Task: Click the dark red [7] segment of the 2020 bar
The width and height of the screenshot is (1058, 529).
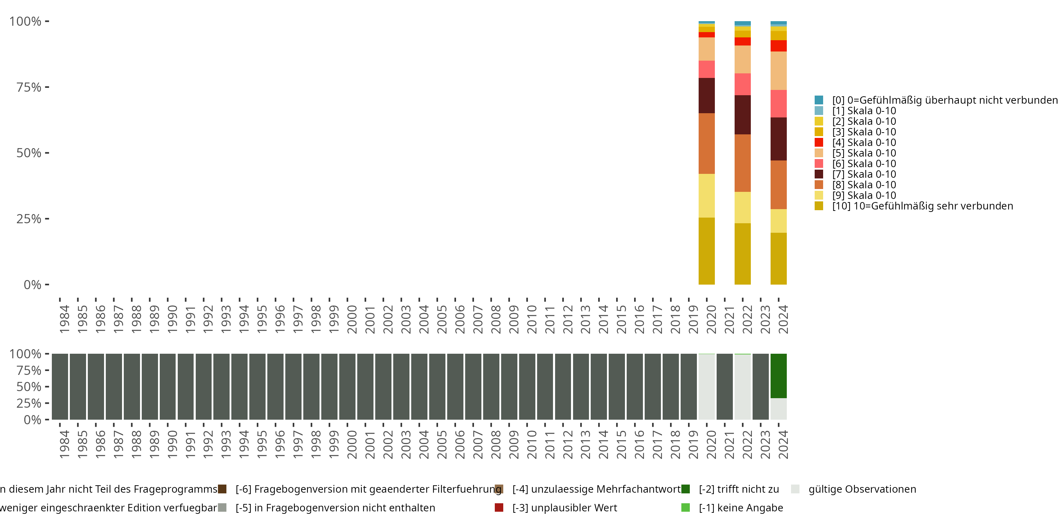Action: pyautogui.click(x=706, y=95)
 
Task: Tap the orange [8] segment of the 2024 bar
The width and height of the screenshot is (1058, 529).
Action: pyautogui.click(x=778, y=184)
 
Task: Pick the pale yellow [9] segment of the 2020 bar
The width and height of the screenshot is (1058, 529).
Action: pyautogui.click(x=706, y=195)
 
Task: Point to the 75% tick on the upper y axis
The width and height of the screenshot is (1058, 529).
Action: pyautogui.click(x=47, y=87)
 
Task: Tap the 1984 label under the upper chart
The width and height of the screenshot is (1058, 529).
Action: pyautogui.click(x=65, y=319)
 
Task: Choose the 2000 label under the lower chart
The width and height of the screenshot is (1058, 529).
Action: pyautogui.click(x=352, y=444)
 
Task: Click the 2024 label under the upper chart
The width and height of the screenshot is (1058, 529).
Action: pyautogui.click(x=783, y=319)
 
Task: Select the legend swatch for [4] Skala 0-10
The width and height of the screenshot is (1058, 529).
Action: pyautogui.click(x=819, y=142)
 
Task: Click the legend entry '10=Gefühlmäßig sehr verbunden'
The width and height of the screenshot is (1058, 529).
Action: pyautogui.click(x=923, y=206)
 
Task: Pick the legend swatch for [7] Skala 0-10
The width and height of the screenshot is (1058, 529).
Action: pyautogui.click(x=819, y=174)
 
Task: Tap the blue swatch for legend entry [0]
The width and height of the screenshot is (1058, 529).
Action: pyautogui.click(x=819, y=100)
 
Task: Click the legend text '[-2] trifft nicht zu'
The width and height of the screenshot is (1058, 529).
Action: pyautogui.click(x=738, y=489)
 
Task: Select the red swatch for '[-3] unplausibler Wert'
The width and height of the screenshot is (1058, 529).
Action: pyautogui.click(x=499, y=507)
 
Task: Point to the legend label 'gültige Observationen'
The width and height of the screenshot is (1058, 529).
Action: pyautogui.click(x=862, y=489)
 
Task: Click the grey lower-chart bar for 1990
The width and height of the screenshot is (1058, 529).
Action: pyautogui.click(x=168, y=387)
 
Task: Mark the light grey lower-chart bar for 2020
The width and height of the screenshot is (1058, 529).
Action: pyautogui.click(x=706, y=387)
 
